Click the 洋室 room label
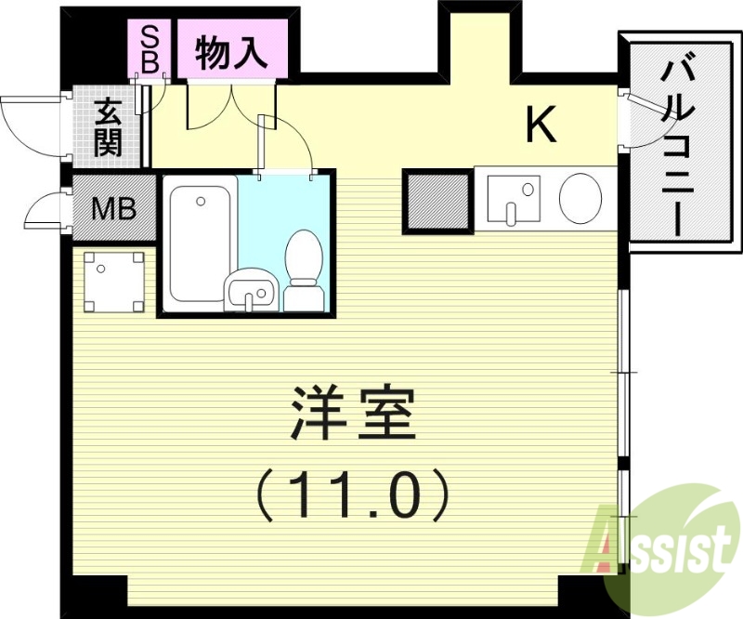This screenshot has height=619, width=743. pos(351,415)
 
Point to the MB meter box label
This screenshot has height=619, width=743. pos(113,207)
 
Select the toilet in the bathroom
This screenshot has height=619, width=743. pos(302,270)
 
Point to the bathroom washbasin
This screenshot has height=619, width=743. pos(250,290)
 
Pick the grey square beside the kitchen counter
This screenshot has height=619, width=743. pos(437,200)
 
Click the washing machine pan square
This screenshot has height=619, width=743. pos(115,282)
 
